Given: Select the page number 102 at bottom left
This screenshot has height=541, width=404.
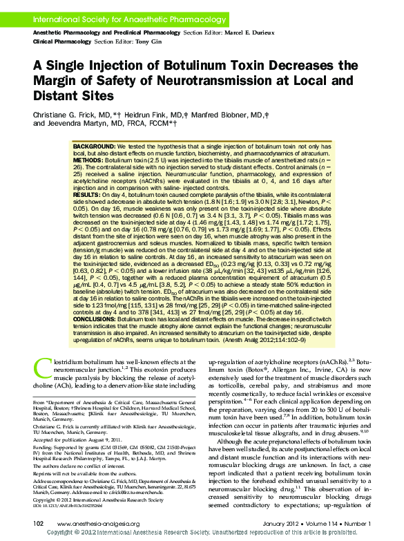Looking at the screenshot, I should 39,524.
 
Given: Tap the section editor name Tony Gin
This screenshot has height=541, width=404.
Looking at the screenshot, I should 159,41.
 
